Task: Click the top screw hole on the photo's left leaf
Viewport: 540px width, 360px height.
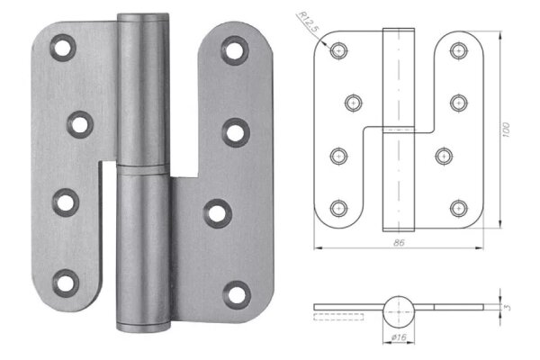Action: click(x=64, y=46)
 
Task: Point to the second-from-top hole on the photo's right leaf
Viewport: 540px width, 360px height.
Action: click(x=237, y=131)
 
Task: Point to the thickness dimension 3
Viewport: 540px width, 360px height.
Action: click(x=508, y=307)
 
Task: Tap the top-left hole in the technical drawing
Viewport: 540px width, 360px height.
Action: click(x=337, y=51)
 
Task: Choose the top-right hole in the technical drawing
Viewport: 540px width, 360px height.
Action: click(x=457, y=51)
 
